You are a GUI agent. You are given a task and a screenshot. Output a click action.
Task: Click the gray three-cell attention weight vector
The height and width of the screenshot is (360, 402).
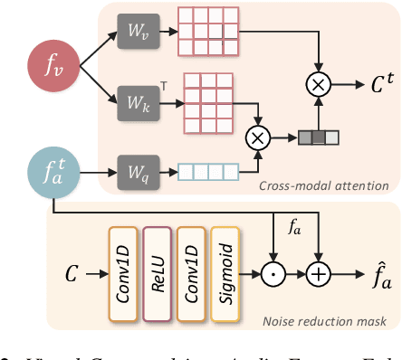pyautogui.click(x=318, y=138)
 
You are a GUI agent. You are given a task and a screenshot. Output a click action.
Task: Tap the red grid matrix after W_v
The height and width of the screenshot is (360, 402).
pyautogui.click(x=203, y=33)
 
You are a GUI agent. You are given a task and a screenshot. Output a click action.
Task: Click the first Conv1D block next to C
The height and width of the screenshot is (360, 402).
pyautogui.click(x=120, y=270)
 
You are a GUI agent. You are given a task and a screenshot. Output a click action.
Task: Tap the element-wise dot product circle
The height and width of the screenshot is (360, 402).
pyautogui.click(x=273, y=270)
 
